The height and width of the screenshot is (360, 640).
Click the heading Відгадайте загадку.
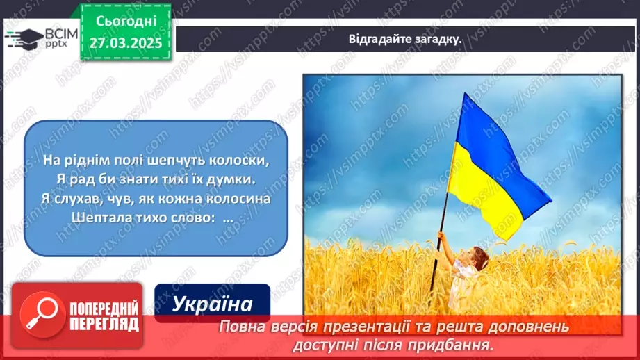click(405, 39)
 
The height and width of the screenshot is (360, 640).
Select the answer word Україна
click(211, 304)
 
